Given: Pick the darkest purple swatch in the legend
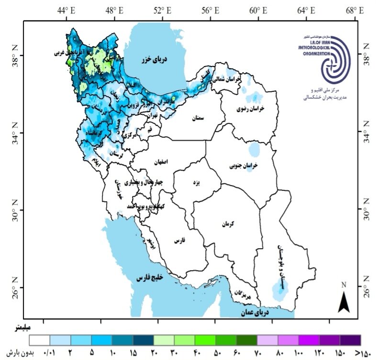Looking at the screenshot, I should tap(350, 340).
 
